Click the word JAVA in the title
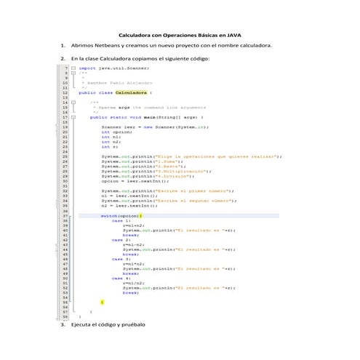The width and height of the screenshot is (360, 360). [x=234, y=35]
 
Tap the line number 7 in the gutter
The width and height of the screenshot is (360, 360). [x=66, y=68]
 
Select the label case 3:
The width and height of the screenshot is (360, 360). [x=121, y=258]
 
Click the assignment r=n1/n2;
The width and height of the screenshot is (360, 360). [x=132, y=282]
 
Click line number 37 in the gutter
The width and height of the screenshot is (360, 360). [x=65, y=216]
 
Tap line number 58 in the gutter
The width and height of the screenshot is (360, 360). [x=65, y=317]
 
